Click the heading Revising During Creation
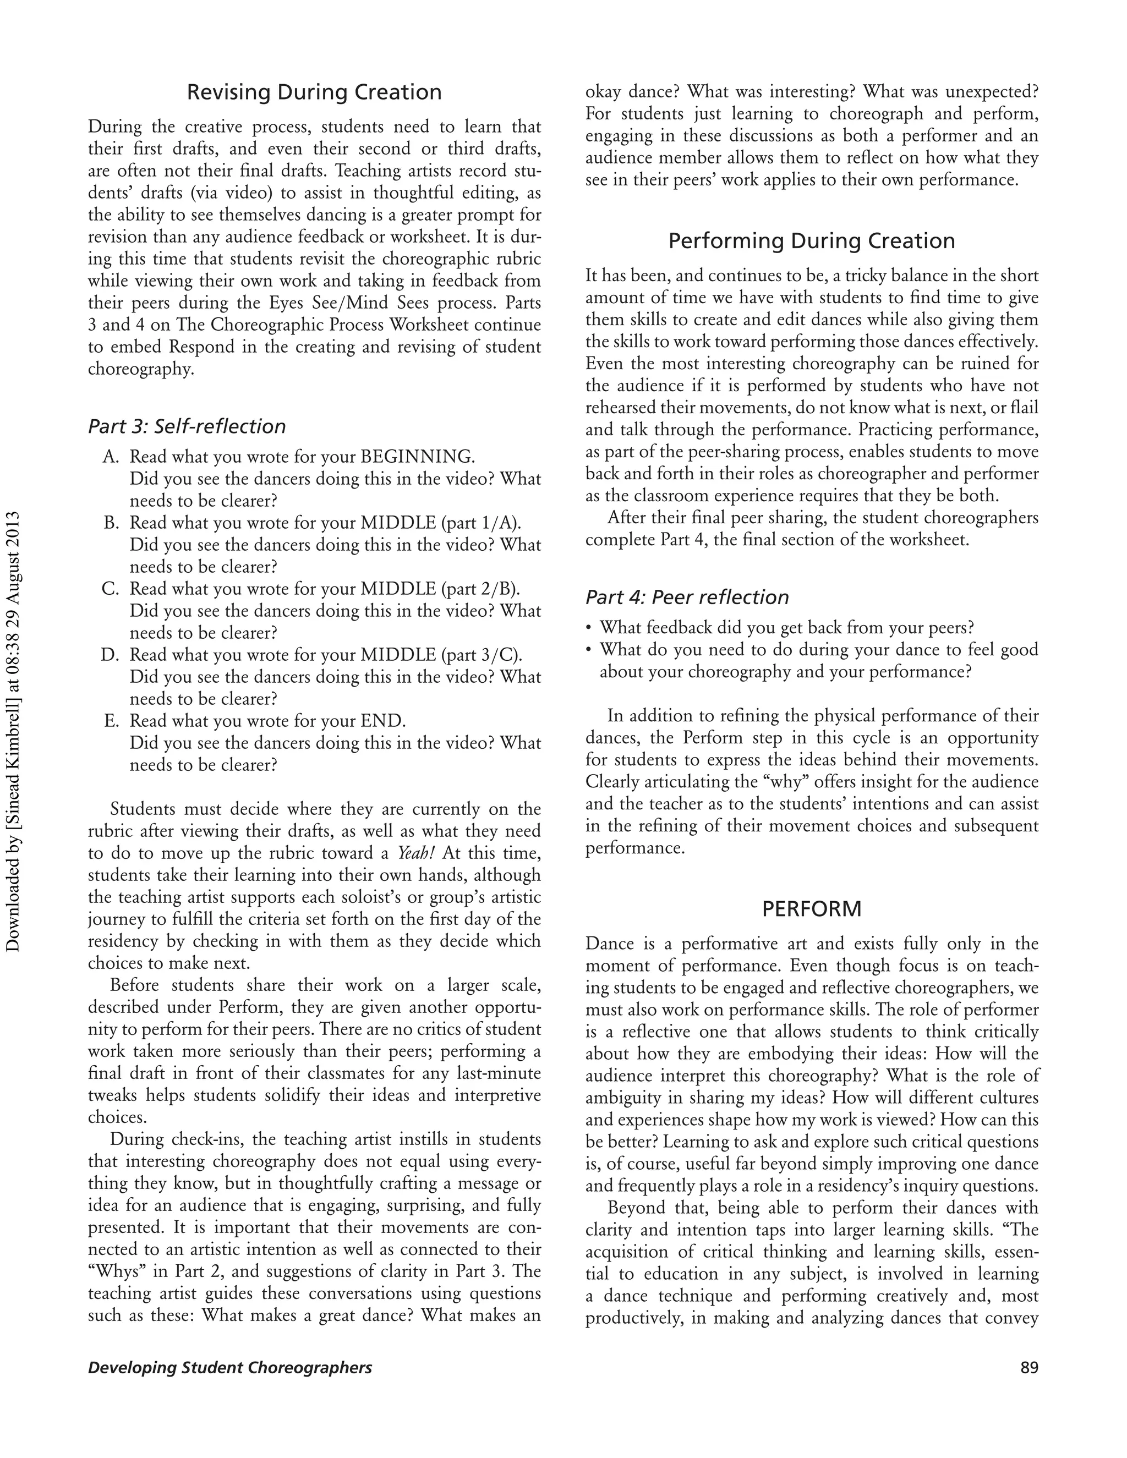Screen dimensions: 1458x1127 tap(314, 92)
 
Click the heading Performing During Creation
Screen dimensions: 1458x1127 tap(811, 241)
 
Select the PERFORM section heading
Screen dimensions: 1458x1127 tap(811, 908)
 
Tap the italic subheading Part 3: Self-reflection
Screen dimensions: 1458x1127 tap(187, 426)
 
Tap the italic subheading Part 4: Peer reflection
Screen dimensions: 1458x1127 tap(687, 597)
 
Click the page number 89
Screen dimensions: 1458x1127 tap(1029, 1368)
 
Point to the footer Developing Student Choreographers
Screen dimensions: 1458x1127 tap(229, 1368)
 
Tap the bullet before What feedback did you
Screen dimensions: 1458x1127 tap(588, 628)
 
